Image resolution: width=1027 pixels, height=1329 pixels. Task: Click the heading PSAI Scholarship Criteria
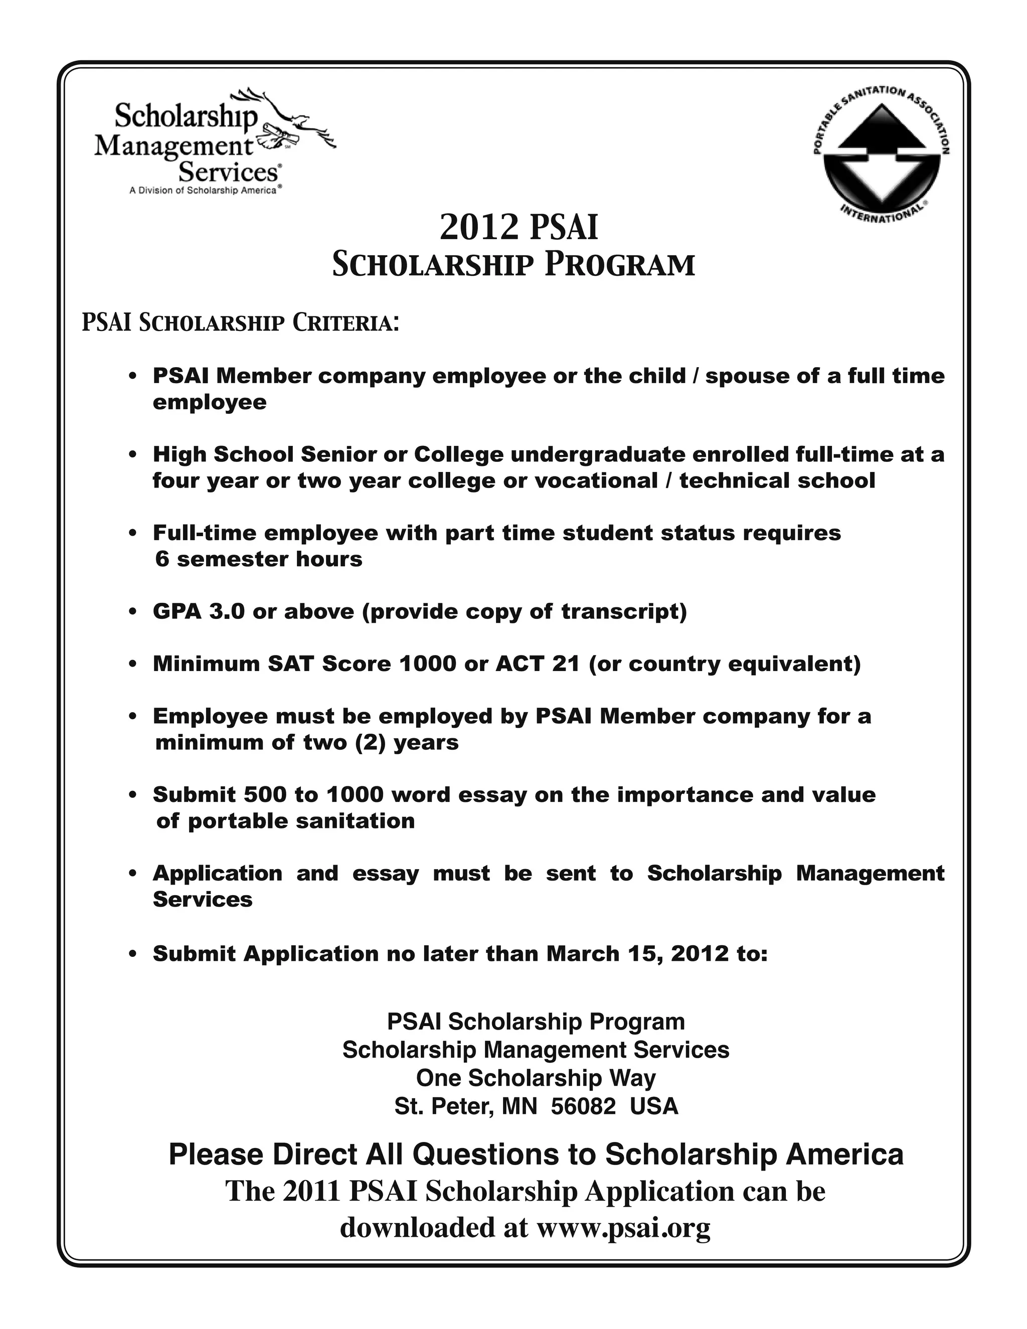[x=240, y=322]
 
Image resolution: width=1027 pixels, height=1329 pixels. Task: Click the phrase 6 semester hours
[x=259, y=559]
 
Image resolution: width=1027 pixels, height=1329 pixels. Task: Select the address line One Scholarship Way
[x=536, y=1078]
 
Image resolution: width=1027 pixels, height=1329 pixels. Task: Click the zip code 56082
[x=583, y=1106]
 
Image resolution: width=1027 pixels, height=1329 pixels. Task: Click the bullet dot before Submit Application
[x=132, y=955]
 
